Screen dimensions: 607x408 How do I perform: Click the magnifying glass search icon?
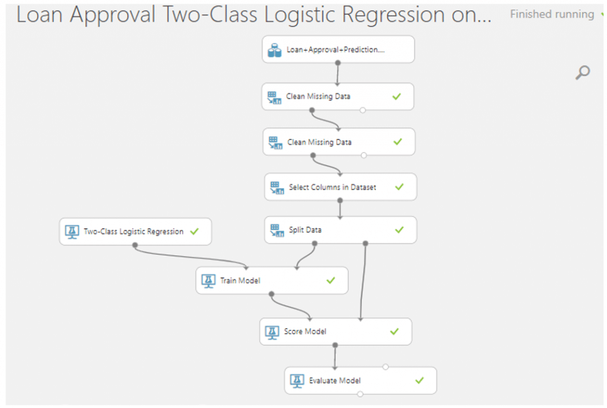582,72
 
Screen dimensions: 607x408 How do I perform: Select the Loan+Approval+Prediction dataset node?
338,50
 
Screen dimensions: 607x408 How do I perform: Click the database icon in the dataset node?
274,50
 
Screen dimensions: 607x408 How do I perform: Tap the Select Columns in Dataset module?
340,187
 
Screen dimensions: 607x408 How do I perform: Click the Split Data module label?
305,230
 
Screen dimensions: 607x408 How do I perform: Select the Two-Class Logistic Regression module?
135,231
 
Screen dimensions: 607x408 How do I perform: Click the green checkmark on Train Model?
331,280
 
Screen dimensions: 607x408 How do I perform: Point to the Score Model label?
305,332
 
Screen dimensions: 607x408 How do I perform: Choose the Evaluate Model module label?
334,381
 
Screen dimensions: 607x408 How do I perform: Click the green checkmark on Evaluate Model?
419,381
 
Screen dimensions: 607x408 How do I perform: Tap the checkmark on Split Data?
399,230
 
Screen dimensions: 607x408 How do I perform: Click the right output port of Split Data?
365,244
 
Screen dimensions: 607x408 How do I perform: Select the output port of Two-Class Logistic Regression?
135,245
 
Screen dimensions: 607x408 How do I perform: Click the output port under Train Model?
271,294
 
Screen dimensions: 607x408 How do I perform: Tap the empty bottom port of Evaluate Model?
360,394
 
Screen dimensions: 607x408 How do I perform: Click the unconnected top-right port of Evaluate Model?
385,367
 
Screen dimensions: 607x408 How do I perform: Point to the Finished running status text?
552,14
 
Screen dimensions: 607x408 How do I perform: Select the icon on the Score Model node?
271,332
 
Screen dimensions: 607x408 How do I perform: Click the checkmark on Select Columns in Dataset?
399,187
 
